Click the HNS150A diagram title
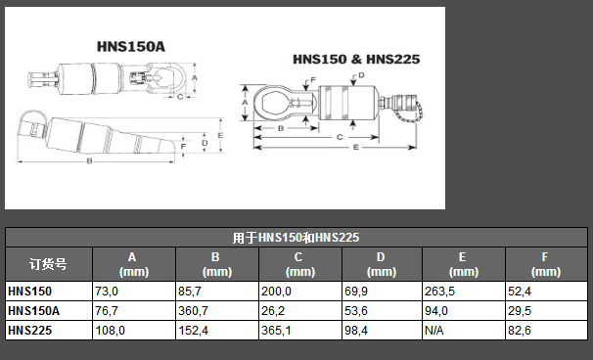tap(131, 47)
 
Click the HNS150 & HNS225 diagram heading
tap(356, 59)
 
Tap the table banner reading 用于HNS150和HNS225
tap(296, 238)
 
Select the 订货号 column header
tap(48, 264)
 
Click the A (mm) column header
tap(133, 264)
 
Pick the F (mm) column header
tap(546, 264)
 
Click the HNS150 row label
tap(29, 292)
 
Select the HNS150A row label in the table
tap(33, 311)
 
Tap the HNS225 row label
tap(29, 331)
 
